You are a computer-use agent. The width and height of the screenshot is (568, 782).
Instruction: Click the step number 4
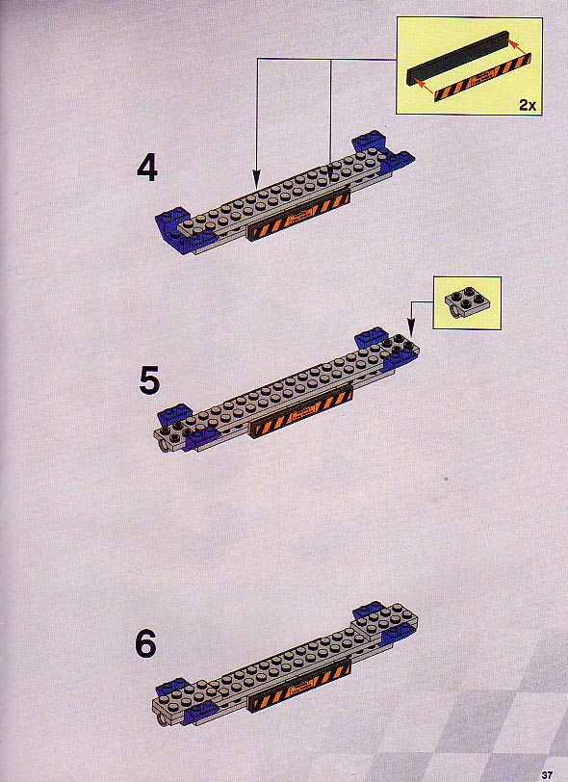[147, 169]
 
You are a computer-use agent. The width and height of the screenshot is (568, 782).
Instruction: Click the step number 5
[149, 380]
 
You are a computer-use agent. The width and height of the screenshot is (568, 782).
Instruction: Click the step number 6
[145, 644]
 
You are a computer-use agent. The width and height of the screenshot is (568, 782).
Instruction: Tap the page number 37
[547, 775]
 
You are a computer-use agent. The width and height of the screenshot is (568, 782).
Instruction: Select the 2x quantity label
[528, 105]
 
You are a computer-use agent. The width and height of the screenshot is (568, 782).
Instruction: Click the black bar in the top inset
[457, 58]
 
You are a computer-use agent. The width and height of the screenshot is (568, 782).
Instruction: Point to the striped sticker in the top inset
[482, 78]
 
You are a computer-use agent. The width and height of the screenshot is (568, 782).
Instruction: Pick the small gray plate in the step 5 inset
[466, 300]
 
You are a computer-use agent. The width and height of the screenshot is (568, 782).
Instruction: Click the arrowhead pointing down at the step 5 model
[410, 329]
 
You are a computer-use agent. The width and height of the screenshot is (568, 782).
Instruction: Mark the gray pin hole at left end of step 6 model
[161, 720]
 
